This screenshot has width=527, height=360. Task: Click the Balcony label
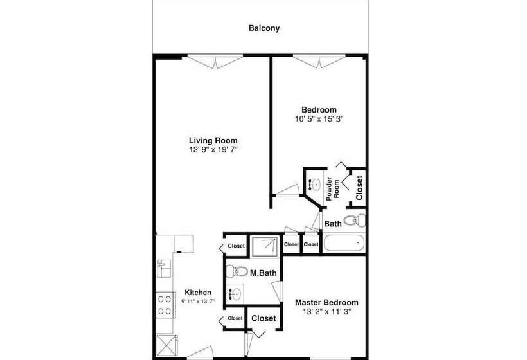pos(264,28)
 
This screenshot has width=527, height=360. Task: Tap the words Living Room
pos(213,140)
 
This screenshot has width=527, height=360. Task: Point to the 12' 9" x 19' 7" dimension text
pos(213,150)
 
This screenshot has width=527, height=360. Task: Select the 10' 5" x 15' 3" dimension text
pos(319,119)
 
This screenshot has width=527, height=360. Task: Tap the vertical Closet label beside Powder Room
pos(359,187)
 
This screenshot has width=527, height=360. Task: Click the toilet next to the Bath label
pos(354,221)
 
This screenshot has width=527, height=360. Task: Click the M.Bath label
pos(264,273)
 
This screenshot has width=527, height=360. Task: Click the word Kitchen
pos(198,292)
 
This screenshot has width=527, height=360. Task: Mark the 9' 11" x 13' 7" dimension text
pos(198,301)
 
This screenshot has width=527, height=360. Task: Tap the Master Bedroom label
pos(326,302)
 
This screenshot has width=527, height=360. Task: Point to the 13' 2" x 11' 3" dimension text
pos(326,312)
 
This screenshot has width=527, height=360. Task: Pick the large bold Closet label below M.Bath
pos(263,318)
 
